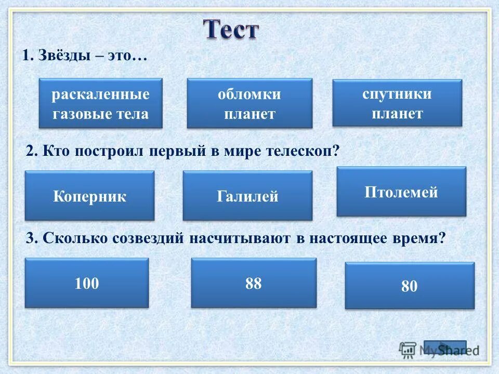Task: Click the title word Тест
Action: [230, 30]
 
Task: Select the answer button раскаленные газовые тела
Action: [100, 103]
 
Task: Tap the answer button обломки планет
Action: [249, 103]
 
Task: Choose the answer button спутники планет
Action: [397, 103]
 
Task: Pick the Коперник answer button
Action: [89, 196]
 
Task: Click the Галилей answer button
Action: [247, 196]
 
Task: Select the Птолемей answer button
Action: [401, 192]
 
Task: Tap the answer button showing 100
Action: [87, 283]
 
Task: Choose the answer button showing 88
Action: [254, 283]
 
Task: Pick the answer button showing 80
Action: [410, 286]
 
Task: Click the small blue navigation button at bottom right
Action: [445, 348]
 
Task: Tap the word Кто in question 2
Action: [56, 151]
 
